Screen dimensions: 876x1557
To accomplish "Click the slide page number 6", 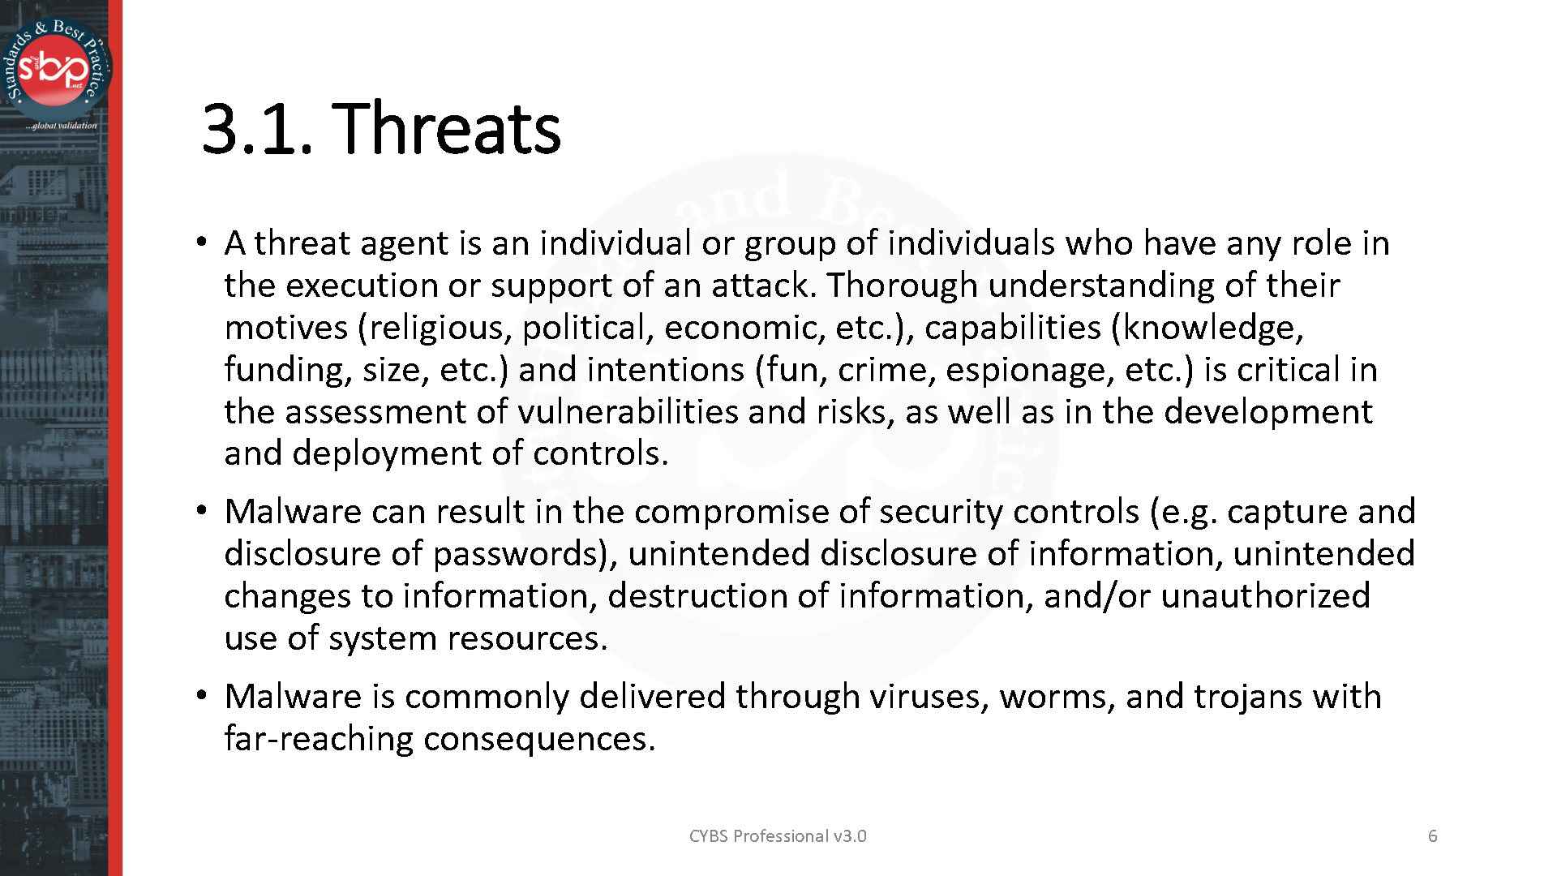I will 1433,836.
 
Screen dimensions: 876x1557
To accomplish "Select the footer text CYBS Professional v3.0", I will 777,836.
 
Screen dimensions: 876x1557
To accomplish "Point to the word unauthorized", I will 1266,596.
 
